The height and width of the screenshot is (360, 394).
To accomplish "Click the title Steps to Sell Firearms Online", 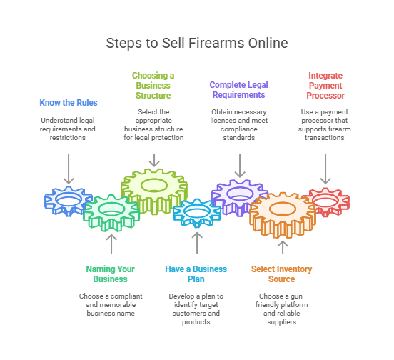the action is (197, 43).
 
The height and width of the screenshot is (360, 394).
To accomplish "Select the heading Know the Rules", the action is (69, 103).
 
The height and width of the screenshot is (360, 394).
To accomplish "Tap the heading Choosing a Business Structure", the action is (153, 86).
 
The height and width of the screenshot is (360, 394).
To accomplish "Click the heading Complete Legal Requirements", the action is (238, 90).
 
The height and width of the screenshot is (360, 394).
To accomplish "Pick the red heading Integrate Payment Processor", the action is (325, 86).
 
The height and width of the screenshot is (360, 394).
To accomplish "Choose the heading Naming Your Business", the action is (111, 274).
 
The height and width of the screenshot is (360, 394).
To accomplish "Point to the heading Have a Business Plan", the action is (196, 274).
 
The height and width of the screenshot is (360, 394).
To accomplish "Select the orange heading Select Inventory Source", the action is (282, 274).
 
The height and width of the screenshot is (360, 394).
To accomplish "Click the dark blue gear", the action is (54, 201).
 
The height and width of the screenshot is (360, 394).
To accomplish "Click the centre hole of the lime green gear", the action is (154, 186).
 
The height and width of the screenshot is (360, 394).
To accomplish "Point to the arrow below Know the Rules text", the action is (69, 169).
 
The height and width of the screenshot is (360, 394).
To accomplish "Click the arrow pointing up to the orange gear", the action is (283, 247).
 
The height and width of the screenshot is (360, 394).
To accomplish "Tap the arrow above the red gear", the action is (325, 169).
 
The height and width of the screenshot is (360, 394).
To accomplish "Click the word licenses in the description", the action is (221, 121).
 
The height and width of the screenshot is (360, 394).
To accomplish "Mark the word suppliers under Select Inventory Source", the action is (282, 322).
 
